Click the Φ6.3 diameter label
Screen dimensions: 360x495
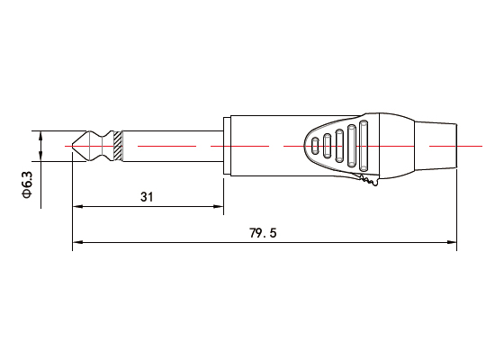point(26,184)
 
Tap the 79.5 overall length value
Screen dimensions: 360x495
point(263,232)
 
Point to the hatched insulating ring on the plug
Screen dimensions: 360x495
point(119,145)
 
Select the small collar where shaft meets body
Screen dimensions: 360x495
point(221,145)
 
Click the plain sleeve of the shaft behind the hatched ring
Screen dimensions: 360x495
point(171,145)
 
